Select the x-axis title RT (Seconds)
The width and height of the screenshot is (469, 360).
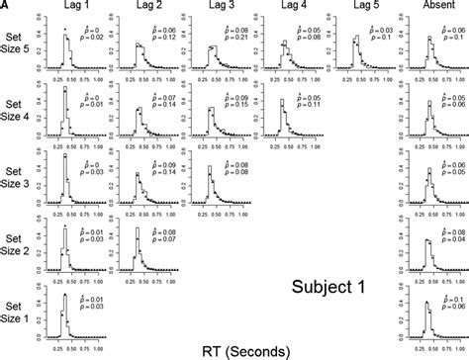tap(234, 349)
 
